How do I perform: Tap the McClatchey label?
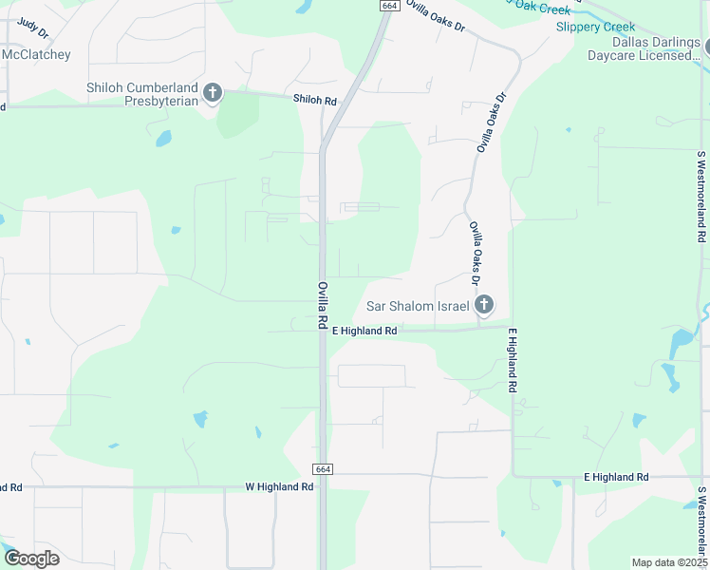36,55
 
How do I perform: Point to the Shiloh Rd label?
314,100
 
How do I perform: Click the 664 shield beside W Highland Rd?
323,469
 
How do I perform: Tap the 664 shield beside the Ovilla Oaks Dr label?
388,6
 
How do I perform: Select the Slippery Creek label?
595,27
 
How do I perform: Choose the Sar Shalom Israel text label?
418,306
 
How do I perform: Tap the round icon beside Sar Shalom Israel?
484,305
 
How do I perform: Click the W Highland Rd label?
279,486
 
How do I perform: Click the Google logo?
31,558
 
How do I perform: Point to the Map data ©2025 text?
669,562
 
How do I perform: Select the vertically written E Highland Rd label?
513,361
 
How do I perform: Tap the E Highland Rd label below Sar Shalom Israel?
364,331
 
